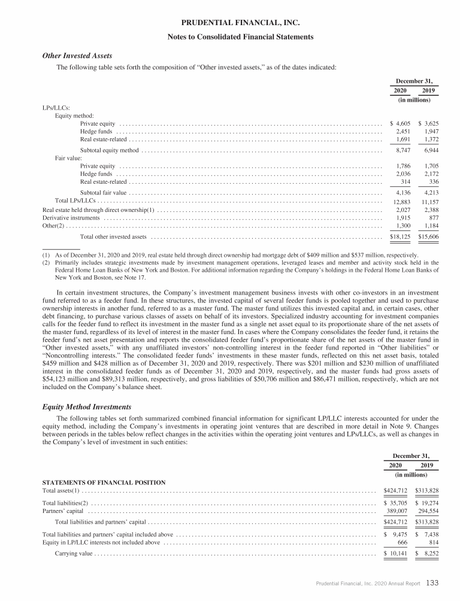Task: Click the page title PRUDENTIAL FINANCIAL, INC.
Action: (x=240, y=23)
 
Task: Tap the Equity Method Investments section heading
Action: (x=86, y=407)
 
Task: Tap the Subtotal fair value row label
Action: (x=103, y=193)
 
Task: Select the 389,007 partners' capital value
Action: (x=398, y=511)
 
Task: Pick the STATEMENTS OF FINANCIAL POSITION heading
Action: (x=104, y=482)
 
